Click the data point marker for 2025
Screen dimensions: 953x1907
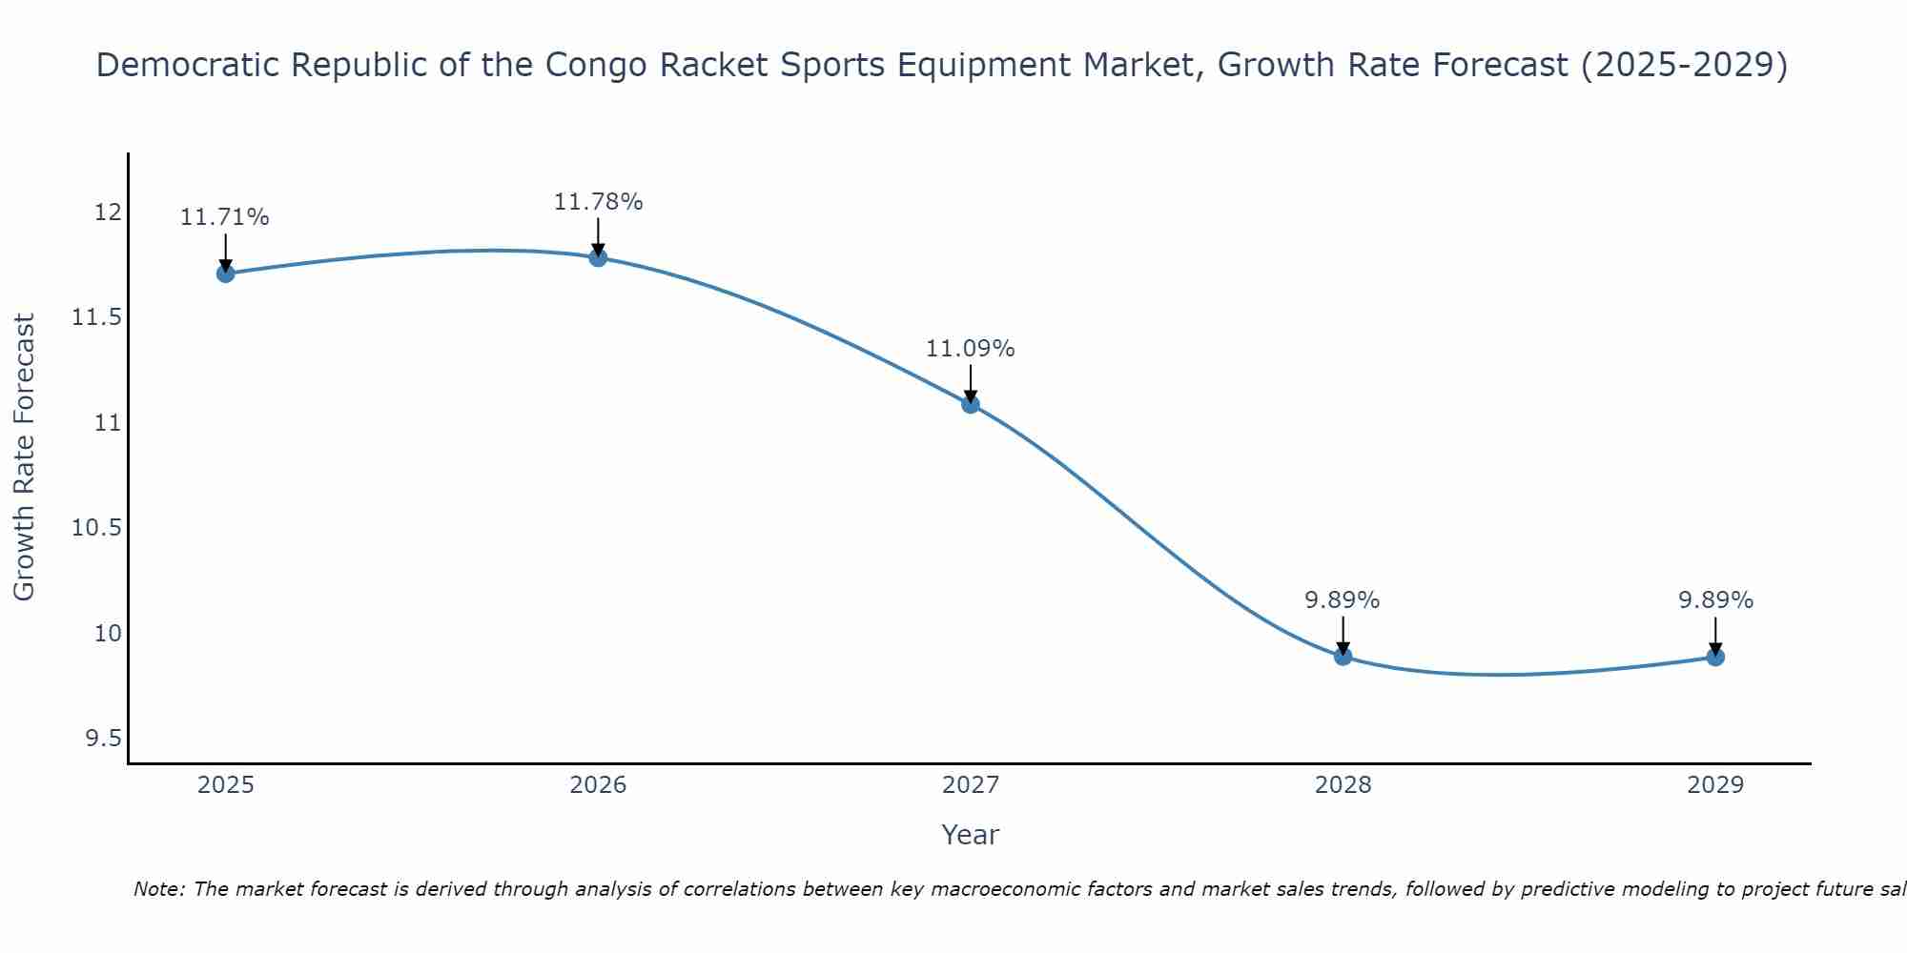pyautogui.click(x=225, y=274)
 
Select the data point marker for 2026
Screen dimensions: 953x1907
pyautogui.click(x=598, y=257)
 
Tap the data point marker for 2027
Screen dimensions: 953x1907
pyautogui.click(x=971, y=404)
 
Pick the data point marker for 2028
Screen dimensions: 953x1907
pyautogui.click(x=1343, y=657)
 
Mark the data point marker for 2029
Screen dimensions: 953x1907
pyautogui.click(x=1715, y=657)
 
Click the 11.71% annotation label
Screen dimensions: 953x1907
pyautogui.click(x=225, y=217)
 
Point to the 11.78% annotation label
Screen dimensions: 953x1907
pyautogui.click(x=598, y=202)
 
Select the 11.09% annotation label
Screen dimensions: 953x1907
pyautogui.click(x=971, y=349)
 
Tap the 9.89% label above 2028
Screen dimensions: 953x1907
pyautogui.click(x=1343, y=600)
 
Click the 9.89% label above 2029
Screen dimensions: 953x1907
pyautogui.click(x=1715, y=600)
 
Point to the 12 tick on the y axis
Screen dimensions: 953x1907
pyautogui.click(x=109, y=212)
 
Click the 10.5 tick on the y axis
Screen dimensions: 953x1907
pyautogui.click(x=96, y=528)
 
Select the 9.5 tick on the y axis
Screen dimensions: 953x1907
pyautogui.click(x=103, y=739)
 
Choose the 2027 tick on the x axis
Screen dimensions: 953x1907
pyautogui.click(x=971, y=785)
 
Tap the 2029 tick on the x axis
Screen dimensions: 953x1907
pyautogui.click(x=1715, y=785)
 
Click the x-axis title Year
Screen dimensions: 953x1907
pyautogui.click(x=971, y=835)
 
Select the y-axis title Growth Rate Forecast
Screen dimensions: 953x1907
pyautogui.click(x=24, y=457)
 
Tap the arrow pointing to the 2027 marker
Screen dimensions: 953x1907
pyautogui.click(x=971, y=383)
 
